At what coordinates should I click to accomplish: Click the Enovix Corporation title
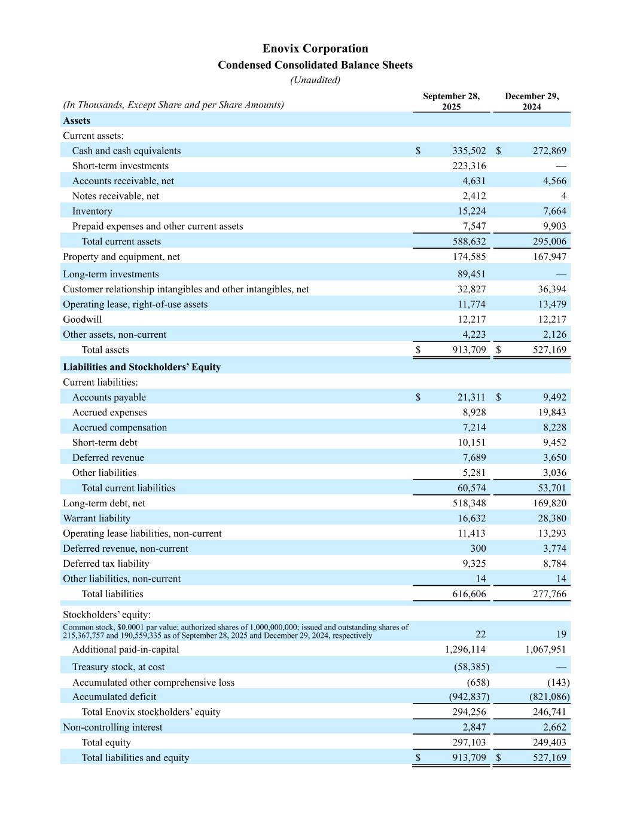315,48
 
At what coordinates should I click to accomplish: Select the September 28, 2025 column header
451,101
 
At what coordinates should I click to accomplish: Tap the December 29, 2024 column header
531,101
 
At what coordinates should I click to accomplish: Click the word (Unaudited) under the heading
315,80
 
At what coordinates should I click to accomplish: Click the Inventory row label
92,211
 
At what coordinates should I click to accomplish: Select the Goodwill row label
83,319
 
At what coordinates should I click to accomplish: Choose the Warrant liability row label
96,518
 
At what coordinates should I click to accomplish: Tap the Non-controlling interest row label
112,727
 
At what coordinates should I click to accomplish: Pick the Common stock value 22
480,634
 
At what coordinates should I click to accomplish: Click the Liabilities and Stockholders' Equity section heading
142,367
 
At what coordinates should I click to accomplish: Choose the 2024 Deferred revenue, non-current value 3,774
553,548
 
